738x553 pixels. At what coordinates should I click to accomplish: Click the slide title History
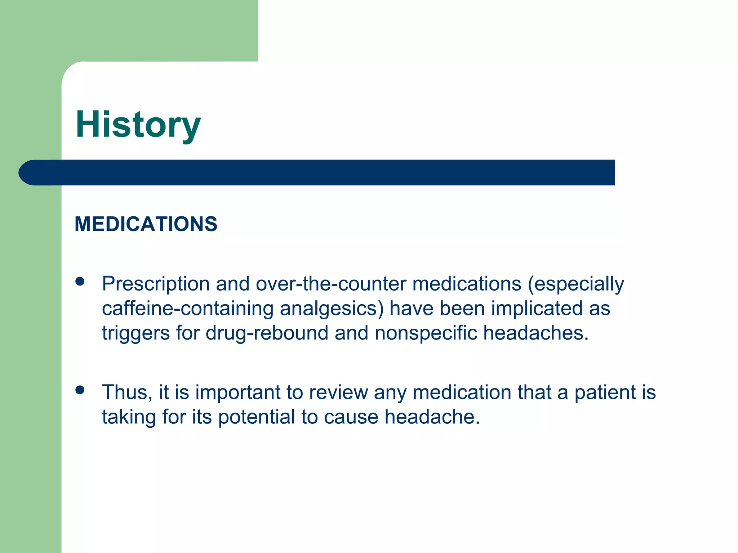point(138,125)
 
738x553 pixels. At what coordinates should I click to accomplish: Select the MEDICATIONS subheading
point(146,224)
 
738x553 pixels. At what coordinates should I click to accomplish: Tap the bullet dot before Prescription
point(80,282)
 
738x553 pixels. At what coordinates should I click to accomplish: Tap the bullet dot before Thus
point(80,390)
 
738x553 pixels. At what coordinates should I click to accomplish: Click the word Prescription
point(156,284)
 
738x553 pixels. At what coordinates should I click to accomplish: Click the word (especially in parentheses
point(576,284)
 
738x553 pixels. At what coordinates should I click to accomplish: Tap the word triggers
point(136,333)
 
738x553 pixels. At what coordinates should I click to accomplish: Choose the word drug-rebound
point(267,333)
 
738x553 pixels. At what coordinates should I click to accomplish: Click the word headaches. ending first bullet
point(535,333)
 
